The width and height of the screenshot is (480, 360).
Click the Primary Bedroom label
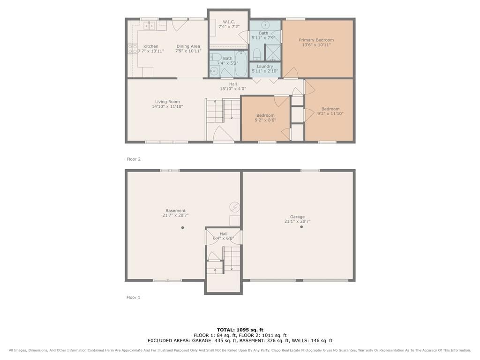tap(316, 40)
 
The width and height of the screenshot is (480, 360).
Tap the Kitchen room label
tap(150, 46)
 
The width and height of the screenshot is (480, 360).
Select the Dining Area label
tap(188, 46)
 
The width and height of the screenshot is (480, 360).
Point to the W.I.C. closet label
tap(229, 22)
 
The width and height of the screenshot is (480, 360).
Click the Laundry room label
tap(265, 67)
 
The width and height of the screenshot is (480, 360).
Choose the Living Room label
tap(167, 102)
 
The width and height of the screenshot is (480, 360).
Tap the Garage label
tap(297, 217)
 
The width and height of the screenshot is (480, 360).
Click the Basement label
tap(175, 210)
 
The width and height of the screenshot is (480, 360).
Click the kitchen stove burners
tap(133, 49)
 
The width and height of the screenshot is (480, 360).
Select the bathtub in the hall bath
tap(241, 64)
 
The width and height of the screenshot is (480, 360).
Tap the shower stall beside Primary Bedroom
tap(273, 52)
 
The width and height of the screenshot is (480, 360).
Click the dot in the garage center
tap(301, 227)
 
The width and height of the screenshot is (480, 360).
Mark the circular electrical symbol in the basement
tap(234, 207)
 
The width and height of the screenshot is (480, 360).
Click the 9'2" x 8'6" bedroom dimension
tap(265, 120)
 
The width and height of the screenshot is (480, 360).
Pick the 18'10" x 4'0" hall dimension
tap(233, 89)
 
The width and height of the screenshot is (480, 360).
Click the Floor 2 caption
tap(134, 159)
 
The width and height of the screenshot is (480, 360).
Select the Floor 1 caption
tap(134, 297)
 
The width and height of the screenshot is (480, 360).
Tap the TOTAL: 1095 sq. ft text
tap(240, 330)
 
